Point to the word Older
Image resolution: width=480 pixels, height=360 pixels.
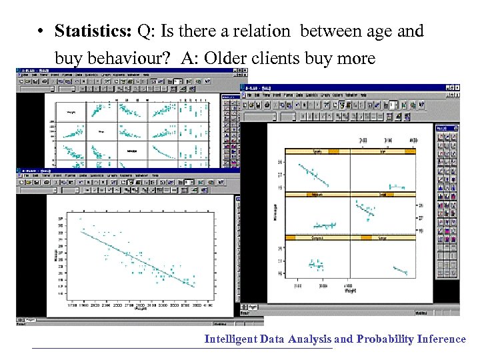(x=228, y=59)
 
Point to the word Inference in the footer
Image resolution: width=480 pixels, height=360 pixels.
(x=441, y=339)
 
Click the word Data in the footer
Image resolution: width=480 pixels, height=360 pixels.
(x=272, y=339)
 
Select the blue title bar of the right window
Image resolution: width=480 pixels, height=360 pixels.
(x=347, y=88)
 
